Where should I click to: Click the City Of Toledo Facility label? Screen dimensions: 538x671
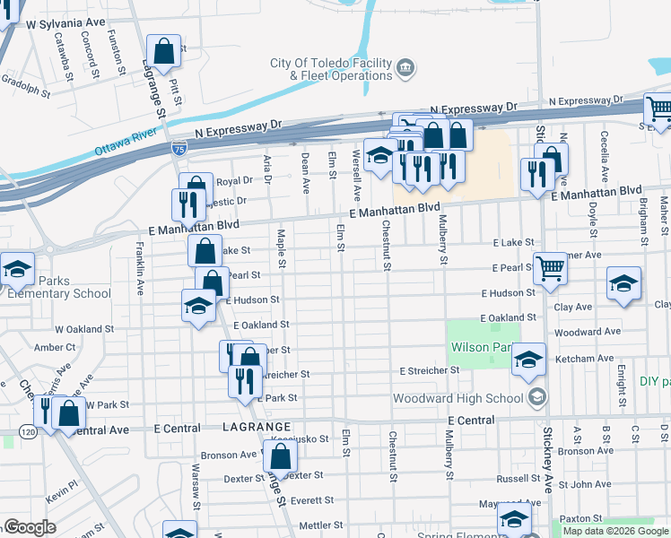(x=332, y=63)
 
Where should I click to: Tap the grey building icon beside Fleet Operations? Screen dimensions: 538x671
(x=405, y=68)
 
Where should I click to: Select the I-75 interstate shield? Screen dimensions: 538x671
(x=180, y=148)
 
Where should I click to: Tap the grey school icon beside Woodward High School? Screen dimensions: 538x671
(x=536, y=397)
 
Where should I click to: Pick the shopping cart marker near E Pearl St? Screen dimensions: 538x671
(x=549, y=266)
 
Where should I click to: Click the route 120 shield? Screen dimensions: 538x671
(x=30, y=432)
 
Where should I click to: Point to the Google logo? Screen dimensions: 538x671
(x=30, y=527)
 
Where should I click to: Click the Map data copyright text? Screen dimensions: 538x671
(x=615, y=530)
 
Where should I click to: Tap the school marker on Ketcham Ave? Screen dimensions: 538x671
(x=529, y=360)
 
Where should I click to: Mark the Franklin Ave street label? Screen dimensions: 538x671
(x=140, y=268)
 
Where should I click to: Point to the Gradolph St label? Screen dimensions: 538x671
(x=24, y=89)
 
